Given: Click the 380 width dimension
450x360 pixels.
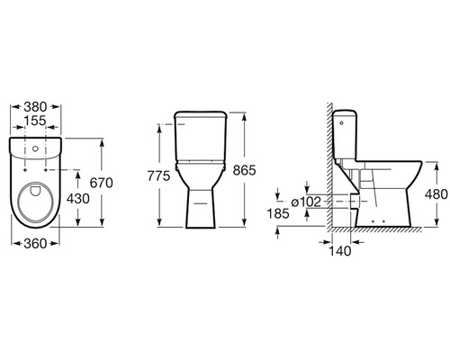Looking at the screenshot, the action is tap(35, 107).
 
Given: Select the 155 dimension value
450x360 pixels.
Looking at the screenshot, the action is tap(35, 121).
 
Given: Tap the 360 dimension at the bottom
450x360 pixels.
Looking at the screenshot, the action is tap(35, 244).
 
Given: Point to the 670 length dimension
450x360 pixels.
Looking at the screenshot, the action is tap(102, 183).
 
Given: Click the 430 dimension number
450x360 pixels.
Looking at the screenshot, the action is tap(78, 199).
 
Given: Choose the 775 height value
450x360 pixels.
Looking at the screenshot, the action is tap(158, 176).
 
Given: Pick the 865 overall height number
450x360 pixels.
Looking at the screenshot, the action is tap(245, 170).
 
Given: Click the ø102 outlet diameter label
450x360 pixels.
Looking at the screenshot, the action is tap(306, 202).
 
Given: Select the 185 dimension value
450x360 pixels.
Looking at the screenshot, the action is tap(278, 213).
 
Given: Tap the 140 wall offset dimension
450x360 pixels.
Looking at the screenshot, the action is tap(340, 251).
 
